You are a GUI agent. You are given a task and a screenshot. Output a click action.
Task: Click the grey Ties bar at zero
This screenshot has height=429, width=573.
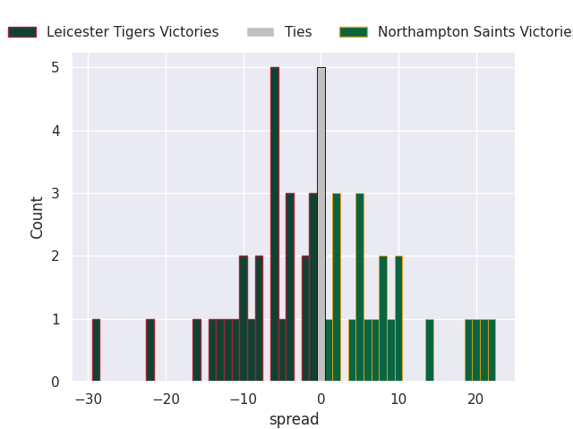pos(321,224)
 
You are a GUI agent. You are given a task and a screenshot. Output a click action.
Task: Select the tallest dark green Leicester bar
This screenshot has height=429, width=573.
pos(274,224)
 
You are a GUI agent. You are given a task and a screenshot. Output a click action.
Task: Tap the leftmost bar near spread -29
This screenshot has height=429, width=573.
pos(96,350)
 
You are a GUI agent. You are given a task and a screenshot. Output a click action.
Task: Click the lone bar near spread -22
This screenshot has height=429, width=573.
pos(150,350)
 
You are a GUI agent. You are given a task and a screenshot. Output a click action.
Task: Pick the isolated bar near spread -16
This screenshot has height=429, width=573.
pos(196,350)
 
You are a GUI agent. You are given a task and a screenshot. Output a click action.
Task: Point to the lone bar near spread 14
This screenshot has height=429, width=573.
pos(430,350)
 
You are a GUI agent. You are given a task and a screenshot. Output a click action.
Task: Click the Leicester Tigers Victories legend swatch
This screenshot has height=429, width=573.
pos(22,32)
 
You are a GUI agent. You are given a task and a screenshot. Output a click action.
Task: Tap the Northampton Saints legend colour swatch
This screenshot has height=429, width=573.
pos(353,32)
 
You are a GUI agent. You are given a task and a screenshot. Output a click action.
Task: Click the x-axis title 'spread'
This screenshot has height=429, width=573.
pos(294,419)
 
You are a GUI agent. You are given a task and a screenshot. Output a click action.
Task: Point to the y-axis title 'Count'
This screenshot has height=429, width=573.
pos(38,217)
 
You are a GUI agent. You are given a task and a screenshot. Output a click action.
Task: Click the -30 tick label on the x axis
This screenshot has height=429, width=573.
pos(88,399)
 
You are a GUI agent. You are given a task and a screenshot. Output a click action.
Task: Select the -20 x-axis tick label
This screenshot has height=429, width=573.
pos(165,399)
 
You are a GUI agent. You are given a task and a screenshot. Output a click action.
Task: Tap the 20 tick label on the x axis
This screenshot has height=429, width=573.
pos(475,399)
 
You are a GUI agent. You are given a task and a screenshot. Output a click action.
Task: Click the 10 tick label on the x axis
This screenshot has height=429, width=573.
pos(398,399)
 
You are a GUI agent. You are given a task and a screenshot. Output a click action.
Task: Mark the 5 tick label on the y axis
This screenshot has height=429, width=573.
pos(56,68)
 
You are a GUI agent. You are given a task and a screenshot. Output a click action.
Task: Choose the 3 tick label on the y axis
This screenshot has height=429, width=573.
pos(56,194)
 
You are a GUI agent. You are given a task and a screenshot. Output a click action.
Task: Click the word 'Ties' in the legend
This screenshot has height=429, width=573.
pos(298,32)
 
